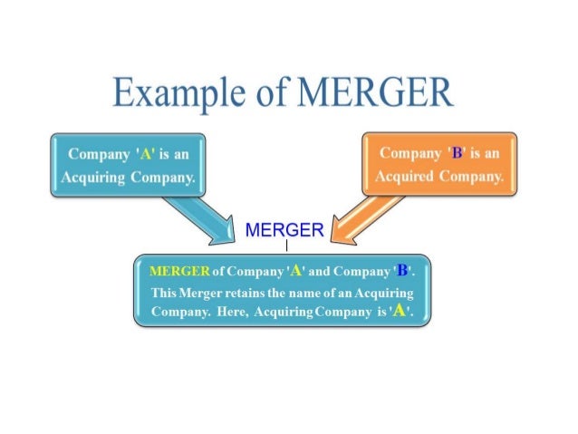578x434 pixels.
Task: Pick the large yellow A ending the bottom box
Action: (398, 311)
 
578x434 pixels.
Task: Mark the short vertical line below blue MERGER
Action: (286, 246)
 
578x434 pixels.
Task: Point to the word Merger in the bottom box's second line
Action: (205, 292)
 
